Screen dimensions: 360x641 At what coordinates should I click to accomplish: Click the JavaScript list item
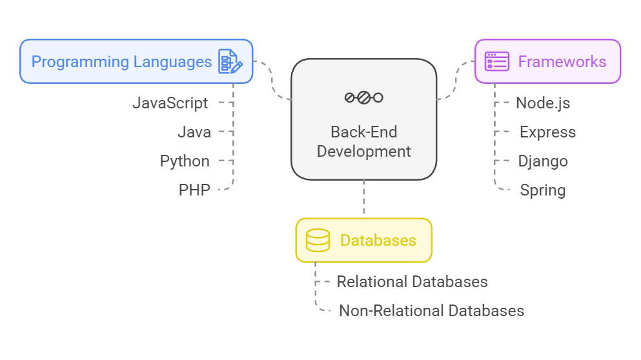170,103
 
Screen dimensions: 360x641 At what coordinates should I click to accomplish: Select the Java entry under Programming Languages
194,132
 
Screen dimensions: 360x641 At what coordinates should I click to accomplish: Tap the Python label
185,161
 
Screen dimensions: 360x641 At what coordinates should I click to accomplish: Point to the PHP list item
194,190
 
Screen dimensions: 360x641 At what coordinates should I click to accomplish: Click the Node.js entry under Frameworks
543,103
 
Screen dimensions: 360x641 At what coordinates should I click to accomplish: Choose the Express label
547,132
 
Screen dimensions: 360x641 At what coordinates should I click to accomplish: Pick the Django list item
543,161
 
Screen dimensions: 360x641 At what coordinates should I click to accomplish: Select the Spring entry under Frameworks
542,190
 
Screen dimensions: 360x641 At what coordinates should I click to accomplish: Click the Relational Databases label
412,282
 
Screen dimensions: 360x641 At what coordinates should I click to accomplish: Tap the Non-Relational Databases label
431,310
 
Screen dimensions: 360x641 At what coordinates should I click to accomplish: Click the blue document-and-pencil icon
230,61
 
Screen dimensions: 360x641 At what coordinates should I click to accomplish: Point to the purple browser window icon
497,61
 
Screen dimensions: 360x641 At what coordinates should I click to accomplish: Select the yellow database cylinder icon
318,241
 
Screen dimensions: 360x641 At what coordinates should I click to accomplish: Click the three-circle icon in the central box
363,97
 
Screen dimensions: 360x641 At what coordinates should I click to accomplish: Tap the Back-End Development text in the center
363,142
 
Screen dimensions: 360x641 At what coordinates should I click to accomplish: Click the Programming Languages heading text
121,62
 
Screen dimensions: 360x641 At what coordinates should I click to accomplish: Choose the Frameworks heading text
562,62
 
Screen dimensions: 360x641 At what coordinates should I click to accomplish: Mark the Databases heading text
378,241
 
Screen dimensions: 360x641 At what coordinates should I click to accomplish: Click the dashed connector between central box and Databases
364,199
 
